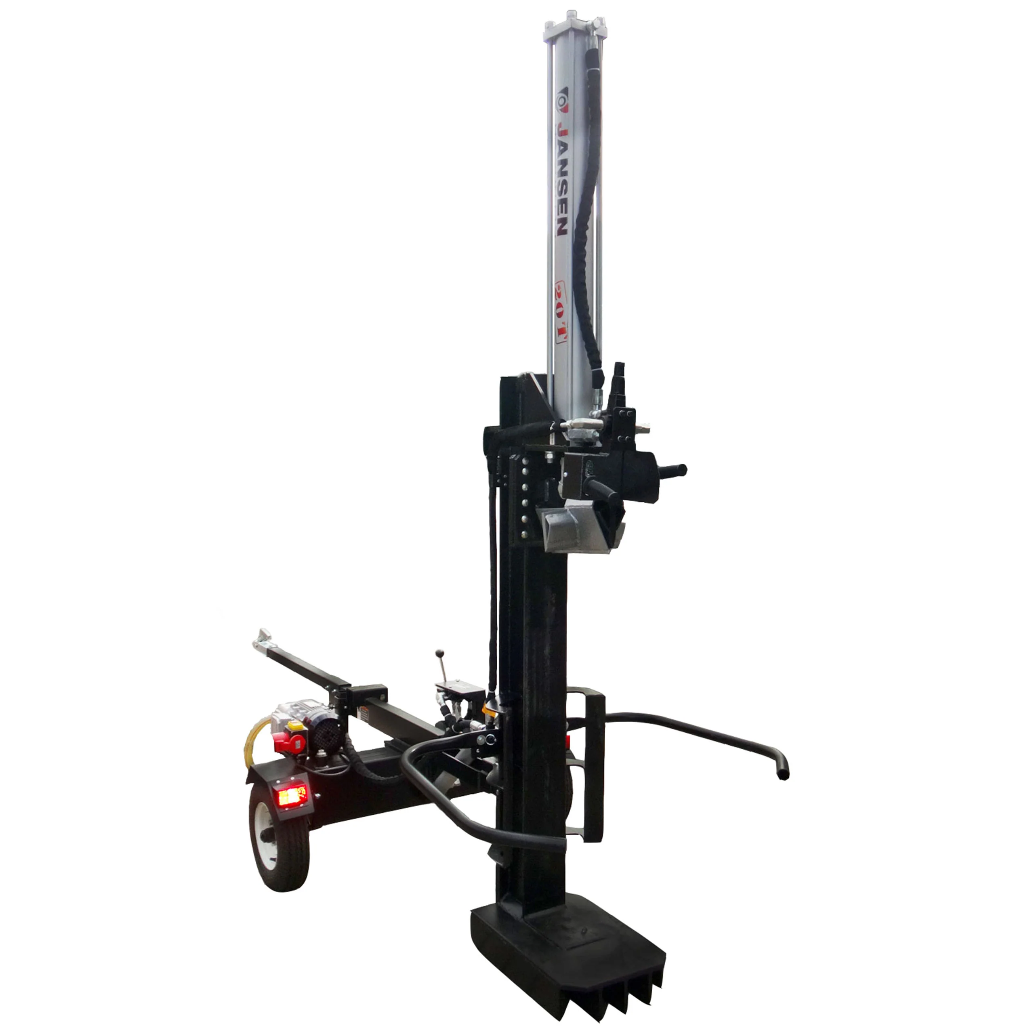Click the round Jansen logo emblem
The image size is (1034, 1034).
point(561,101)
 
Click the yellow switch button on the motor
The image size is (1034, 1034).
point(294,726)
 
